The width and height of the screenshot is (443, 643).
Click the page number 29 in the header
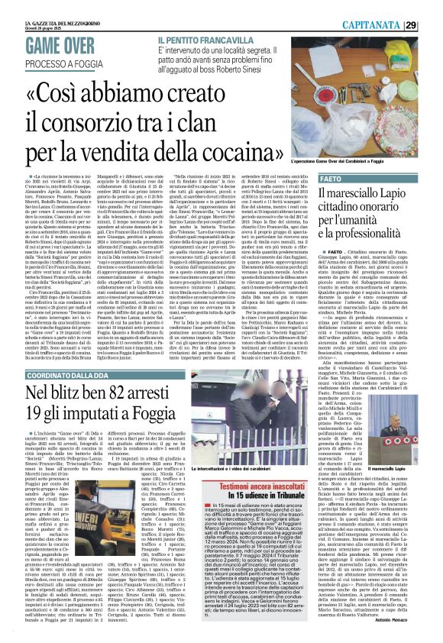coord(432,24)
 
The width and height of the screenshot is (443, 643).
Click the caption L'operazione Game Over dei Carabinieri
coord(384,163)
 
